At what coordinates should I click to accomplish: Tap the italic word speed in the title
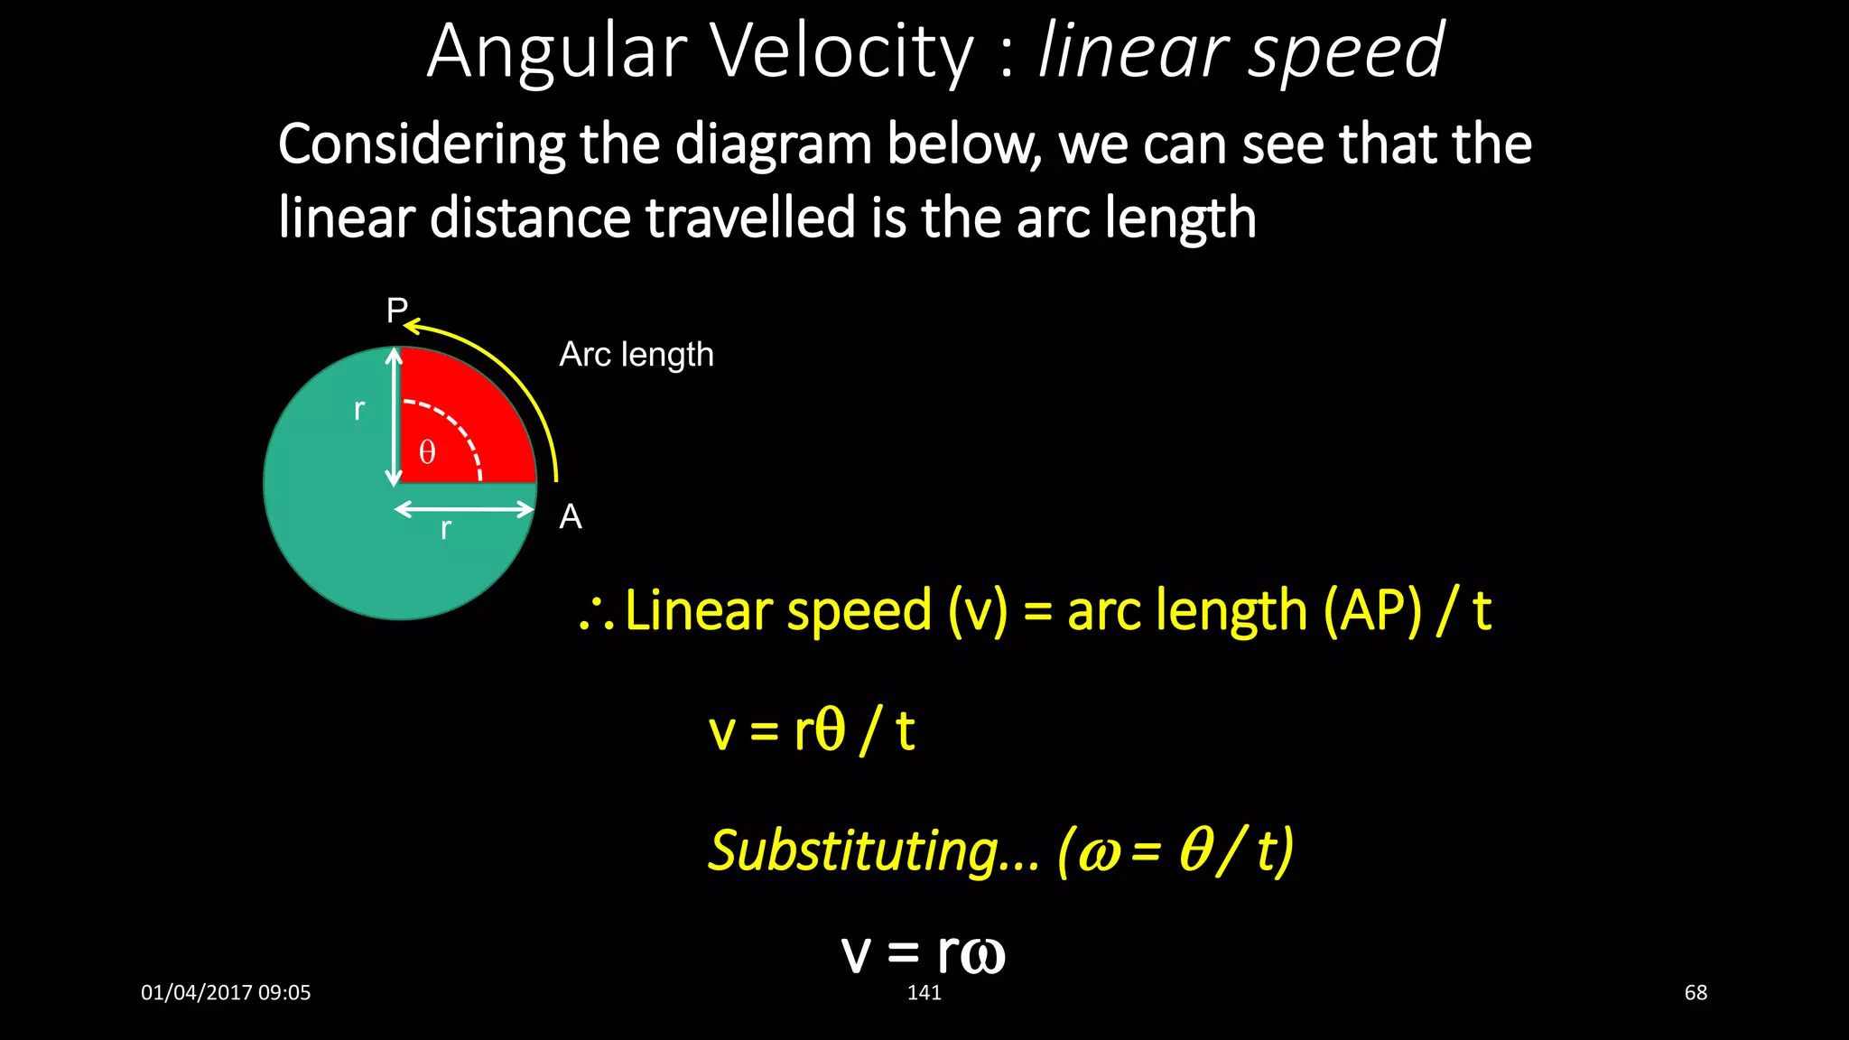coord(1346,52)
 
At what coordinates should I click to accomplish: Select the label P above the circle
coord(396,311)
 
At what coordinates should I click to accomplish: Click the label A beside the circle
coord(571,517)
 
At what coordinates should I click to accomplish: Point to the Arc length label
coord(636,355)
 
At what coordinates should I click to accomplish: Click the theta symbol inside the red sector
coord(427,452)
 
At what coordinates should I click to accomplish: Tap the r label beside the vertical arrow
coord(359,410)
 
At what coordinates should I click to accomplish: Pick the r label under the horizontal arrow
coord(445,529)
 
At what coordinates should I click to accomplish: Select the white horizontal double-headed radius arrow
coord(464,509)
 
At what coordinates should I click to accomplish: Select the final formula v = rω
coord(923,952)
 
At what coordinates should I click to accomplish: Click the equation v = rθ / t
coord(812,730)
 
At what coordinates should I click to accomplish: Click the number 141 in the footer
coord(924,993)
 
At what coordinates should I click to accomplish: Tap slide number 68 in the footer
coord(1696,993)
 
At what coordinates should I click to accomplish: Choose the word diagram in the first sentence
coord(774,144)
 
